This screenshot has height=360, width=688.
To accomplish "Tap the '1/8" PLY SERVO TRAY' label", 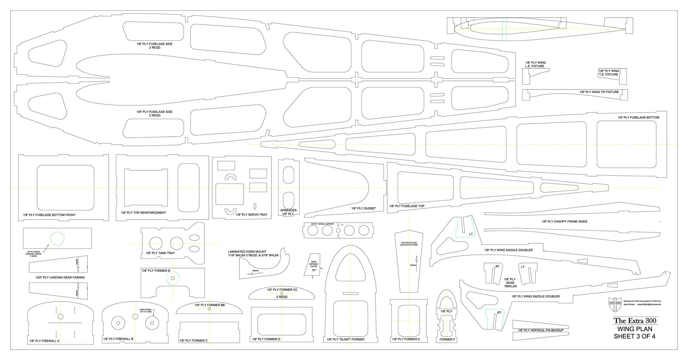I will click(x=251, y=214).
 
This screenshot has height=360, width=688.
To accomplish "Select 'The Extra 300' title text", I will click(x=635, y=321).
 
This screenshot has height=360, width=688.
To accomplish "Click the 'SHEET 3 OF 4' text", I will click(x=634, y=336).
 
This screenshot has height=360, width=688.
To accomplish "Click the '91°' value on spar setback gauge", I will click(x=314, y=270).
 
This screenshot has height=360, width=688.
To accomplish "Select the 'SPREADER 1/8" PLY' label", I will click(x=288, y=212).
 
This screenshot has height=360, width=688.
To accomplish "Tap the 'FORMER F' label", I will click(x=447, y=339).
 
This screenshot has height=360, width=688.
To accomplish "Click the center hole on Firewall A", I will click(x=61, y=316).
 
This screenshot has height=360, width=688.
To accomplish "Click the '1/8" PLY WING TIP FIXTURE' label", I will click(x=599, y=92).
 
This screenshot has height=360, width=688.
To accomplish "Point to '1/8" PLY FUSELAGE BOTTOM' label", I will click(x=638, y=117).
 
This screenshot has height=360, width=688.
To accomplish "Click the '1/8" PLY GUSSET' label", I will click(x=363, y=208).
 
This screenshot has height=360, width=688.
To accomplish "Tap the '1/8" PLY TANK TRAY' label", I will click(x=160, y=253).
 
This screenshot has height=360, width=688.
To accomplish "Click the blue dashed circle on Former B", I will click(x=173, y=278).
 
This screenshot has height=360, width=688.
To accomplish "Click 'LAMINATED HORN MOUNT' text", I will click(x=247, y=252).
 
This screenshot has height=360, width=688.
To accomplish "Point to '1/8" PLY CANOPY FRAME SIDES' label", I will click(x=564, y=221).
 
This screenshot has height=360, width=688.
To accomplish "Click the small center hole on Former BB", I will click(x=209, y=309).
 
